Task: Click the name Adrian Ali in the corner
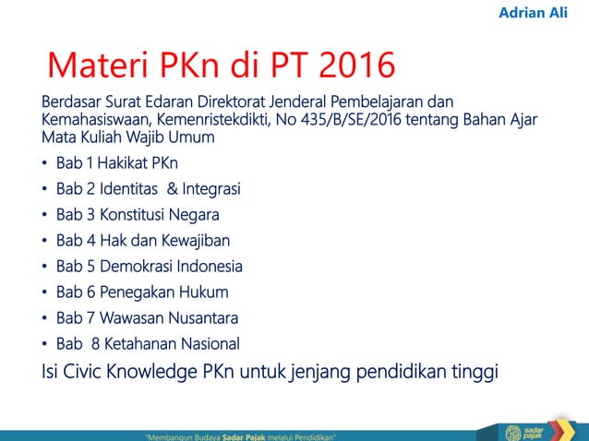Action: click(x=533, y=14)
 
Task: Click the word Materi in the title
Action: click(x=102, y=66)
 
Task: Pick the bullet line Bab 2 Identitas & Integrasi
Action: click(x=148, y=190)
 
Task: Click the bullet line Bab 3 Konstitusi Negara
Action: click(x=138, y=216)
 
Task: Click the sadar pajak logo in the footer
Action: click(x=523, y=431)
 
